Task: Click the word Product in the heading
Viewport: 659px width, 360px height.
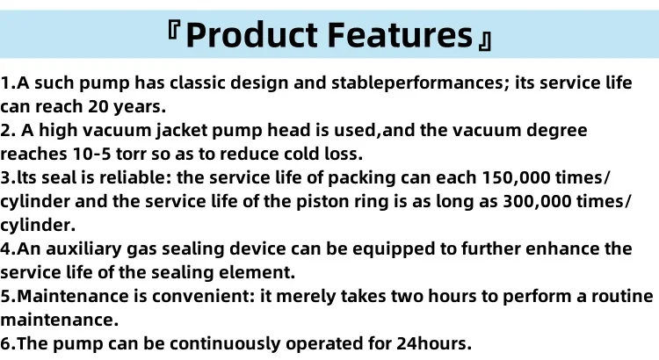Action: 251,35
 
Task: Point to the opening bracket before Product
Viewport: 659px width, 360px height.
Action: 174,29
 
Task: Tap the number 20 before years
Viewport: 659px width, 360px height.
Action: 98,107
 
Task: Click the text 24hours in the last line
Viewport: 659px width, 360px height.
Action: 434,344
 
